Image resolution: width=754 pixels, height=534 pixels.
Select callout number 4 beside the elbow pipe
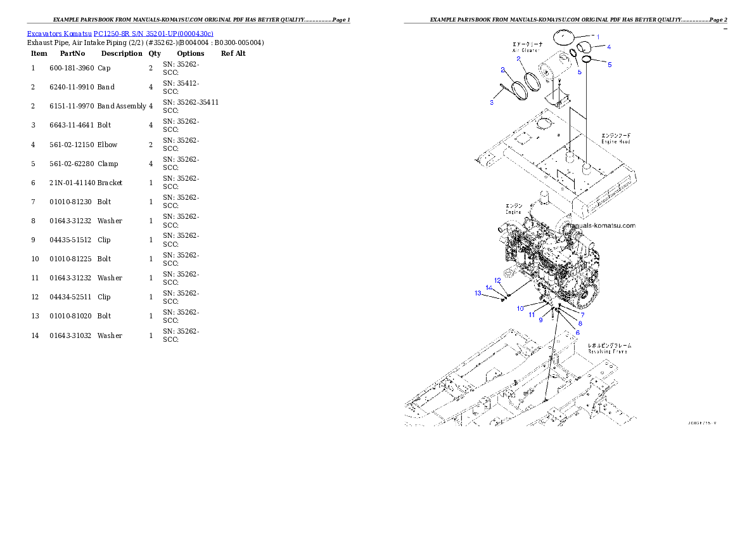tap(608, 46)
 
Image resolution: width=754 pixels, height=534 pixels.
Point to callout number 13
tap(478, 293)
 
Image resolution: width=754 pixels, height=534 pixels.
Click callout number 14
tap(489, 287)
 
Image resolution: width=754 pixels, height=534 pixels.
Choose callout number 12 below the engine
tap(497, 280)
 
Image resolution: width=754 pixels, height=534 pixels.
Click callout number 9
tap(540, 320)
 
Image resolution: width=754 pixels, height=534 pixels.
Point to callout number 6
tap(577, 332)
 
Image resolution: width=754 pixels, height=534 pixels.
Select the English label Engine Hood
tap(615, 141)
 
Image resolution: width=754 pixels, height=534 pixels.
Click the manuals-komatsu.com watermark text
tap(601, 226)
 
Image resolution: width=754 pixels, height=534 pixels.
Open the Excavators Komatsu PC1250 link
tap(120, 33)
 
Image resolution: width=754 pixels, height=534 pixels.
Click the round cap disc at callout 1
tap(568, 36)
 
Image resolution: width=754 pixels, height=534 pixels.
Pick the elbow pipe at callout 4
tap(584, 48)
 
